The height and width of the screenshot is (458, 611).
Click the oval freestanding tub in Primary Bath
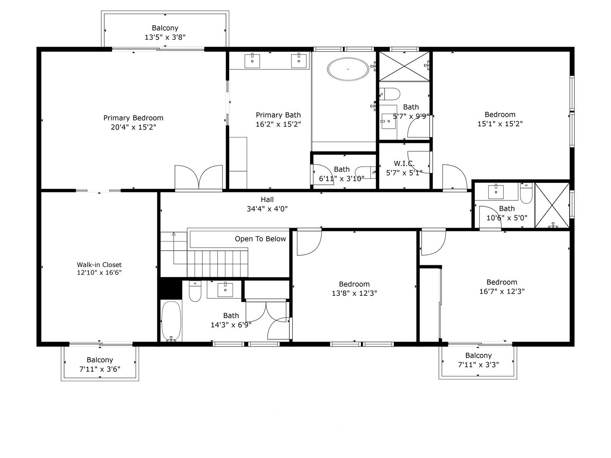click(x=348, y=69)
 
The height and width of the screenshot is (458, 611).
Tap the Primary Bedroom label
click(x=133, y=118)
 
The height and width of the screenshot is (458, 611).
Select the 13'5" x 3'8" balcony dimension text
click(x=165, y=37)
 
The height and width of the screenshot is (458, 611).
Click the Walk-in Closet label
click(x=99, y=264)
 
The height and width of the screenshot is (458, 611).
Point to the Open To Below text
click(x=260, y=239)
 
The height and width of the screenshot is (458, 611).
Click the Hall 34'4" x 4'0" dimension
click(x=267, y=209)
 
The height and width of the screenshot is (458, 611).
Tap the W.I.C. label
click(x=404, y=163)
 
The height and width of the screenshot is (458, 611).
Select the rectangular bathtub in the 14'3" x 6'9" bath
click(x=171, y=321)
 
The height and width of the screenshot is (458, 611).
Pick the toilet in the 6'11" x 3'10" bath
click(x=365, y=171)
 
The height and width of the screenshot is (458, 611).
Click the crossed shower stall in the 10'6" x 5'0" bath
click(x=552, y=206)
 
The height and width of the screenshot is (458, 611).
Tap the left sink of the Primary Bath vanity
click(x=252, y=61)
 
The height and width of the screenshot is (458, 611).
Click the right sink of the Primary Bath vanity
click(x=299, y=61)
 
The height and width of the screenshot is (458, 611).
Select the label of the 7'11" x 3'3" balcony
click(x=478, y=355)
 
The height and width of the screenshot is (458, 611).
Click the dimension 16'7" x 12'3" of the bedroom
click(x=502, y=292)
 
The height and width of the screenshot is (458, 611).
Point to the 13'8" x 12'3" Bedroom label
click(x=354, y=284)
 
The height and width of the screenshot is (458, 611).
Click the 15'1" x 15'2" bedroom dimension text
click(x=500, y=124)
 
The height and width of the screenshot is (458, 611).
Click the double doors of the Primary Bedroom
click(x=199, y=177)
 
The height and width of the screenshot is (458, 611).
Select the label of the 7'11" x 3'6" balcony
click(x=100, y=360)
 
